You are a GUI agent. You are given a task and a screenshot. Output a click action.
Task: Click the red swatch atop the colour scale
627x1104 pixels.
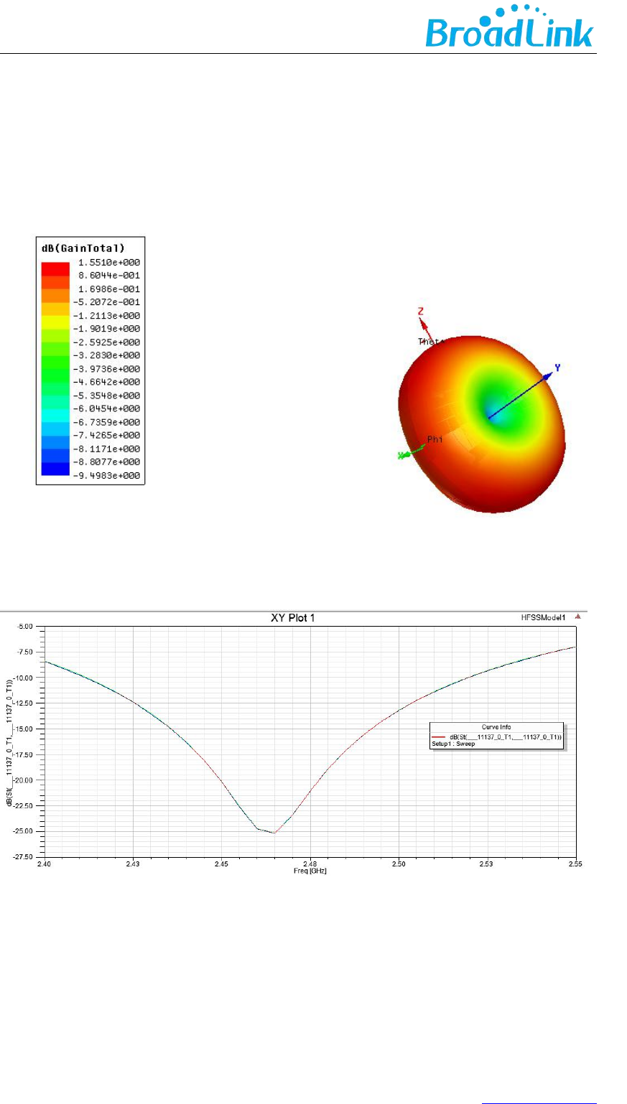click(x=55, y=267)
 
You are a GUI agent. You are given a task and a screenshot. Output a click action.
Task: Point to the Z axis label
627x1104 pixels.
click(x=421, y=312)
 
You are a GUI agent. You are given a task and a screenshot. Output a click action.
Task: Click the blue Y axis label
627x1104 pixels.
click(x=557, y=368)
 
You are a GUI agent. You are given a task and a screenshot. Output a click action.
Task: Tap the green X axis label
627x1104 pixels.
click(x=401, y=456)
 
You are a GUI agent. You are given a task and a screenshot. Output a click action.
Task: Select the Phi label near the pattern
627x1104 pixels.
click(x=435, y=439)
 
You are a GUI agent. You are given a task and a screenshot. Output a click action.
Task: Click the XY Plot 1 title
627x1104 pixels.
click(x=291, y=618)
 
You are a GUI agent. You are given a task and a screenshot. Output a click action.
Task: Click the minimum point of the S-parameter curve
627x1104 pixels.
click(x=274, y=833)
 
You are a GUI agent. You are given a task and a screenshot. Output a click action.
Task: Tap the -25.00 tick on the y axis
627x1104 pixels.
click(x=25, y=831)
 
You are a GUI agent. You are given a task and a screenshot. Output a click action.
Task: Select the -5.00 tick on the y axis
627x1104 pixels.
click(x=27, y=627)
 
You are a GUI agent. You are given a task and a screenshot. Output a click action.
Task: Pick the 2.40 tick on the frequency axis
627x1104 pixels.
click(x=45, y=865)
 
